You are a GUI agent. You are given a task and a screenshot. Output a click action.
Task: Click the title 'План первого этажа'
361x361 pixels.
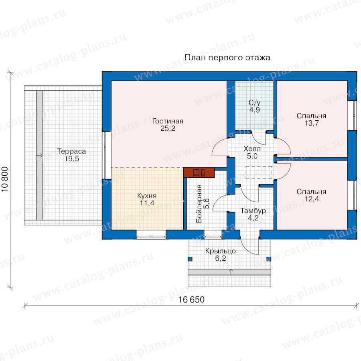[227, 57]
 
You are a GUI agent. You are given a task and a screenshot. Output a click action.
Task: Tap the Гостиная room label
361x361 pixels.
[168, 121]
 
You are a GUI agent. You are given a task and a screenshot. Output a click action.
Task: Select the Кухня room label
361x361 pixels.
[147, 196]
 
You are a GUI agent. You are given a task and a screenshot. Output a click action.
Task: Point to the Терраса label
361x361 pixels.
[72, 151]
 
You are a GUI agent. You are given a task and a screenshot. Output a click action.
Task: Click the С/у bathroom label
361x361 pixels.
[255, 103]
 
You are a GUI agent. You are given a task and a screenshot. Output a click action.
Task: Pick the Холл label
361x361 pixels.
[252, 149]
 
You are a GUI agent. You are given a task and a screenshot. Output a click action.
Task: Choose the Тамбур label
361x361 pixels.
[253, 211]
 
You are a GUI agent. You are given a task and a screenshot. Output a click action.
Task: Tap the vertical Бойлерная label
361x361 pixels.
[199, 203]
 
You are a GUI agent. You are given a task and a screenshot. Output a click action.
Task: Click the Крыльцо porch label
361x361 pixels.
[221, 251]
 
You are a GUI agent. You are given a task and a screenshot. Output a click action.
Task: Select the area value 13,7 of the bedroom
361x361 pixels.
[312, 124]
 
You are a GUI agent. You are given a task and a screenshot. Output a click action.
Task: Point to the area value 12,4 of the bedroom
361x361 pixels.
[312, 199]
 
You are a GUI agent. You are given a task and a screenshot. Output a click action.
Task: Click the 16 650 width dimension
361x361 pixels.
[191, 300]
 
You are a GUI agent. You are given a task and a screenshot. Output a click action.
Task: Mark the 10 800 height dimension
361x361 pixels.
[5, 179]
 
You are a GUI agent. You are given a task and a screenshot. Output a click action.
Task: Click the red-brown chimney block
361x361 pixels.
[199, 172]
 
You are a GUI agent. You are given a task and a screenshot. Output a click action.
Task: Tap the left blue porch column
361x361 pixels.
[190, 259]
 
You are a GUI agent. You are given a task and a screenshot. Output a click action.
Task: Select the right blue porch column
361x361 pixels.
[269, 259]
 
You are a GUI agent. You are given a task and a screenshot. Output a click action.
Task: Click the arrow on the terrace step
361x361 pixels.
[39, 155]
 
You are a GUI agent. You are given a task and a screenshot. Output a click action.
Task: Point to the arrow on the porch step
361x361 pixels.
[231, 272]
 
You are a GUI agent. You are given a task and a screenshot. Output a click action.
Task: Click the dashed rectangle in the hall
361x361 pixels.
[259, 172]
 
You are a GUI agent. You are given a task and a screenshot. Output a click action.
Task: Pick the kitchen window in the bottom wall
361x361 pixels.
[151, 234]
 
